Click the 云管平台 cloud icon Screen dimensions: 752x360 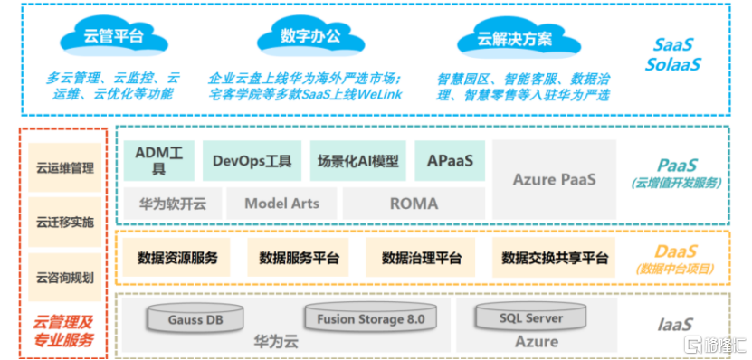click(x=114, y=36)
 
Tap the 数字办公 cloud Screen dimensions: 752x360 click(x=310, y=36)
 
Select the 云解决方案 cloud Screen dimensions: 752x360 click(x=511, y=37)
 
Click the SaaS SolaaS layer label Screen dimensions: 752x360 click(x=672, y=54)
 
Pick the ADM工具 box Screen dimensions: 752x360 click(x=158, y=161)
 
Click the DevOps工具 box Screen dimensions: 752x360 click(x=252, y=161)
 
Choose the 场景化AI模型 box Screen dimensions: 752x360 click(x=357, y=161)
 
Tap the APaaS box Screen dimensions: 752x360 click(x=450, y=161)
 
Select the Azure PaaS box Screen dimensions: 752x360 click(x=554, y=180)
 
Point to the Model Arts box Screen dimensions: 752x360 click(x=281, y=204)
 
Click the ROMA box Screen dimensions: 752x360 click(x=414, y=204)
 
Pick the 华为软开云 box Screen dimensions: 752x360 click(x=173, y=204)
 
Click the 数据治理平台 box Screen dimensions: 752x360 click(x=421, y=258)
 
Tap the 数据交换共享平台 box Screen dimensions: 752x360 click(x=555, y=258)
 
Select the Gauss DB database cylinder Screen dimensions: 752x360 click(x=195, y=317)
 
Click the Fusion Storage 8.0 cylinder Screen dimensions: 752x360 click(x=371, y=317)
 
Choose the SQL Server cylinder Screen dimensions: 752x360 click(x=531, y=317)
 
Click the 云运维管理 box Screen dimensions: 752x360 click(x=65, y=167)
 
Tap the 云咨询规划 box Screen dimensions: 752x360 click(x=65, y=278)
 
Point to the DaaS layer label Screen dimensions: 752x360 click(x=675, y=259)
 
